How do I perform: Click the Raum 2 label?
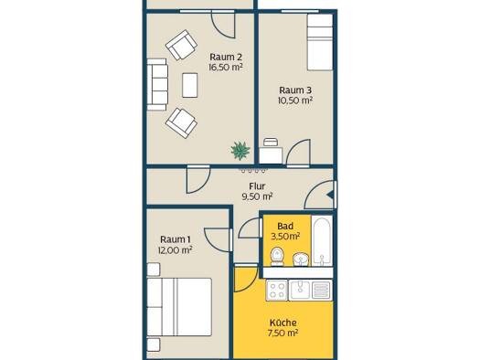coord(226,58)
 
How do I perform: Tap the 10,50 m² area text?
coord(295,101)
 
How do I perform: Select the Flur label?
coord(257,186)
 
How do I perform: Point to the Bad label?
coord(285,226)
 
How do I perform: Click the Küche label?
coord(283,323)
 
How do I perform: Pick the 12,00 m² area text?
coord(176,250)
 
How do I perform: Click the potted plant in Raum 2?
coord(240,150)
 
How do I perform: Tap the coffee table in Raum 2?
coord(190,85)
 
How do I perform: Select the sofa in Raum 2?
coord(157,84)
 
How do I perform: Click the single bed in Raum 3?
coord(320,43)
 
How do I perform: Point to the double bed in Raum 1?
coord(179,307)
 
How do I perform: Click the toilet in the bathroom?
coord(277,257)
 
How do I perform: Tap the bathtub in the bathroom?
coord(322,240)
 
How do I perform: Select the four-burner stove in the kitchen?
coord(277,291)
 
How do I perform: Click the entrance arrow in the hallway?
coord(330,195)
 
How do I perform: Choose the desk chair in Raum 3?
coord(271,143)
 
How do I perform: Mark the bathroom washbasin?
coord(301,259)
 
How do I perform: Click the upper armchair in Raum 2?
coord(181,45)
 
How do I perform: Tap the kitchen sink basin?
coord(300,290)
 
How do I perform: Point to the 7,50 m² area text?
coord(283,333)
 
